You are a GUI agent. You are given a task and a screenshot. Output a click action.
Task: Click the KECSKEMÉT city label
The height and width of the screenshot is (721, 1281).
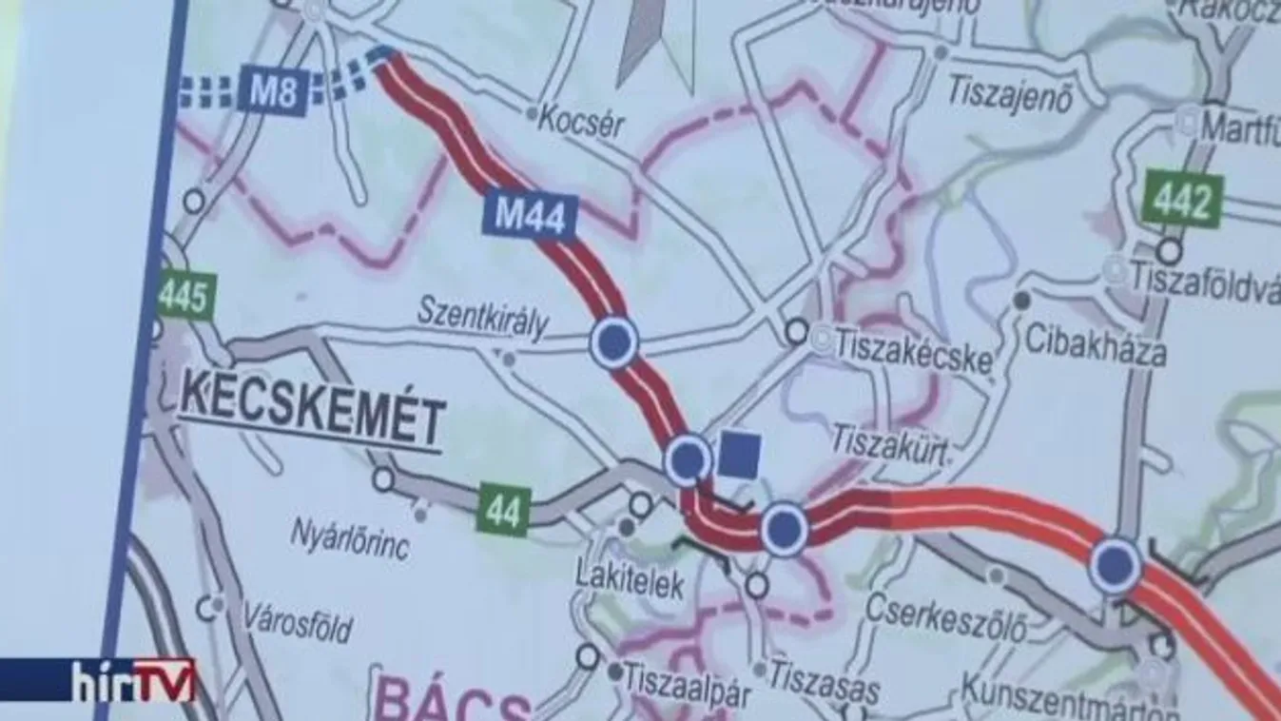tap(312, 416)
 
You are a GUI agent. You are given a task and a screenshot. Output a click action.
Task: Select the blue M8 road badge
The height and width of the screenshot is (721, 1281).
tap(273, 90)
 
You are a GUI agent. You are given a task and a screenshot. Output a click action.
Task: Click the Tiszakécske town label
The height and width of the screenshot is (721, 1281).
tap(913, 353)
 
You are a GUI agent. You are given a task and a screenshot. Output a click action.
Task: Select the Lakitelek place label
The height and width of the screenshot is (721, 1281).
tap(630, 582)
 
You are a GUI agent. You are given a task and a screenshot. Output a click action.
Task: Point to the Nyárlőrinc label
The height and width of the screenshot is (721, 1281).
tap(351, 539)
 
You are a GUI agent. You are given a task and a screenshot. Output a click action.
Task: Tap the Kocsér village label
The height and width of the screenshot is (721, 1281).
tap(581, 122)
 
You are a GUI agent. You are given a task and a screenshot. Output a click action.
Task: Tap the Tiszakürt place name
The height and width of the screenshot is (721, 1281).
tap(891, 444)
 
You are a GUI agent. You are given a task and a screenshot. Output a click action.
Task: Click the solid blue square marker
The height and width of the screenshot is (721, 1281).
tap(739, 454)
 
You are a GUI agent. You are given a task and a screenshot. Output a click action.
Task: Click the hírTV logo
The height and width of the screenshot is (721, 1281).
tap(133, 679)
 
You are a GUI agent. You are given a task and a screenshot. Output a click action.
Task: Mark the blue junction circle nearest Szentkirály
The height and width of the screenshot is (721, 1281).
tap(613, 342)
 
